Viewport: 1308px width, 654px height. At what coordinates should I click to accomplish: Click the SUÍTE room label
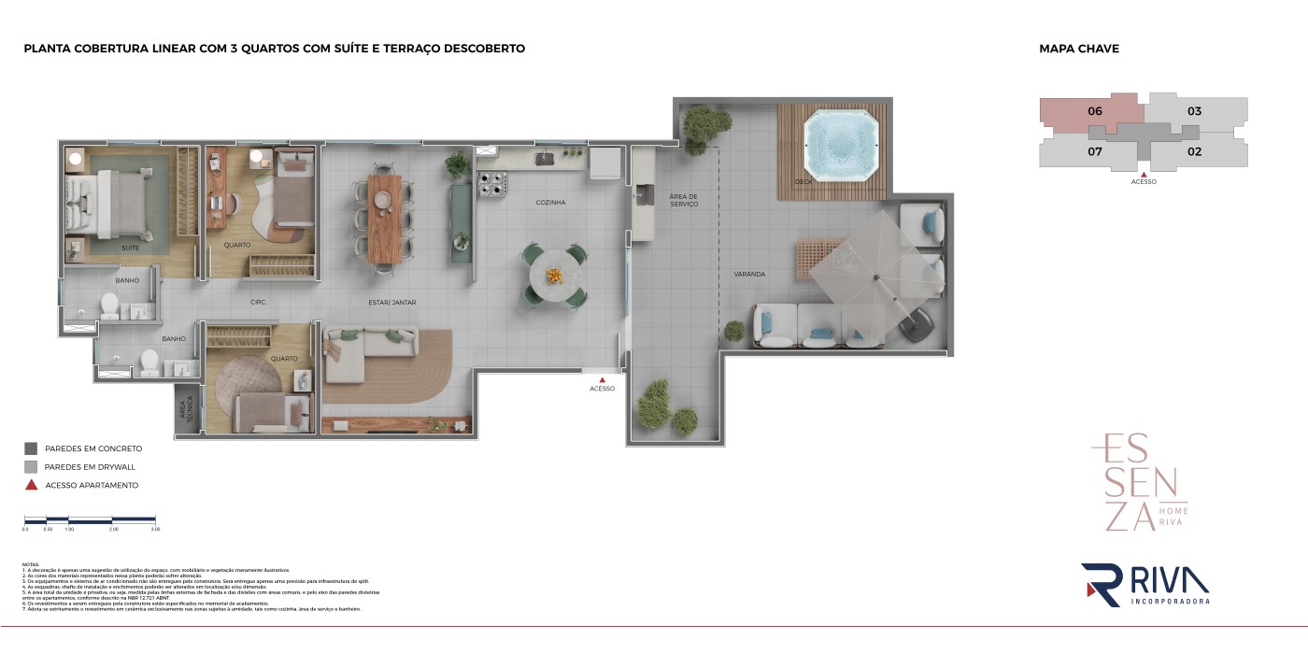tap(131, 249)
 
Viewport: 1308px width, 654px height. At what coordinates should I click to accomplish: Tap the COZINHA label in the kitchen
tap(550, 202)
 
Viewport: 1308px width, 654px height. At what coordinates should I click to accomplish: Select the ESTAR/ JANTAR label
tap(391, 303)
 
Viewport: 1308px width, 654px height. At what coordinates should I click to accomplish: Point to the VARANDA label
tap(749, 275)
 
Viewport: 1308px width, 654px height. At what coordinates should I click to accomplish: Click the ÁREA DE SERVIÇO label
tap(683, 200)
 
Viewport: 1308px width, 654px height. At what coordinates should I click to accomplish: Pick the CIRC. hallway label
tap(260, 303)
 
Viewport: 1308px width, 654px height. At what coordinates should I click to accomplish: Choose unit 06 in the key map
tap(1095, 111)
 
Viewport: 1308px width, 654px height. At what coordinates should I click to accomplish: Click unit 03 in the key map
tap(1194, 111)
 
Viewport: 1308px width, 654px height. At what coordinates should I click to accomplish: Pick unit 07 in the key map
tap(1095, 150)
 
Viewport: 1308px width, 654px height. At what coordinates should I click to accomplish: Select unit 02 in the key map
tap(1194, 150)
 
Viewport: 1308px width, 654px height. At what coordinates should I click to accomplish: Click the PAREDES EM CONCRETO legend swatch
tap(31, 448)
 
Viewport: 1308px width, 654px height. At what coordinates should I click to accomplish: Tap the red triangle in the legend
tap(31, 485)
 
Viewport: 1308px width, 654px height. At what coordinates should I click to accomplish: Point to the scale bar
tap(91, 519)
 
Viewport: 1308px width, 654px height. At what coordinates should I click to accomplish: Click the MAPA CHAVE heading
tap(1078, 49)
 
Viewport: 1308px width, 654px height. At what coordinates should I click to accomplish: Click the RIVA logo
tap(1145, 585)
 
